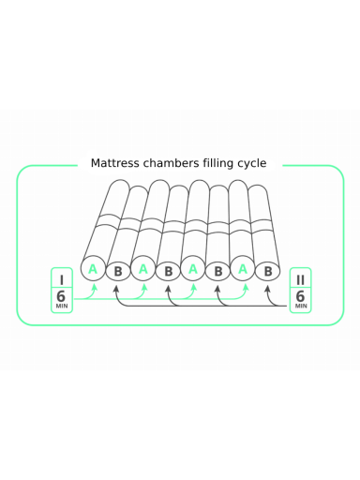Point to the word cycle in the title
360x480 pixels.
252,164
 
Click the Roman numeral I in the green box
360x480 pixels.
62,279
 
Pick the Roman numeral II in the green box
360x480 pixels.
300,279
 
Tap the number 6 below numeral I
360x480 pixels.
61,295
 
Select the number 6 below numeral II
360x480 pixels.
300,295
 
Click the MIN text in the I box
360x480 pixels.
62,306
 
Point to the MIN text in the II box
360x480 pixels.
301,306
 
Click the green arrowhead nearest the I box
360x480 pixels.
94,286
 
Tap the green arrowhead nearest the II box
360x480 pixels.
246,286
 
